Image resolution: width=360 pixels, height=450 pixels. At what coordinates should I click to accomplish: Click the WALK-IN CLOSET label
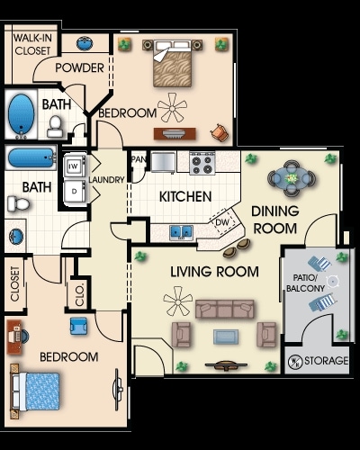pos(32,44)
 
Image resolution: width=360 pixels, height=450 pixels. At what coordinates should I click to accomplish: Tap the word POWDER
pos(79,68)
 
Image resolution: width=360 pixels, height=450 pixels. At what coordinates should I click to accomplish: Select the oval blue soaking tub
pos(22,114)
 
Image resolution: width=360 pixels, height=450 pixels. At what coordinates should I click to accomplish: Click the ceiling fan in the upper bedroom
pos(172,107)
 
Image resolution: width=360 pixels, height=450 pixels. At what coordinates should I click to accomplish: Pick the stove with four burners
pos(202,163)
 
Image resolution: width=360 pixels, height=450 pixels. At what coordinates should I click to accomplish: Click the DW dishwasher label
pos(222,222)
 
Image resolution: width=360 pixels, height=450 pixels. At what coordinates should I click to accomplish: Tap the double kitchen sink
pos(181,232)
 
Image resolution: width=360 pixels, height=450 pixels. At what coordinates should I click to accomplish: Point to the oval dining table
pos(292,178)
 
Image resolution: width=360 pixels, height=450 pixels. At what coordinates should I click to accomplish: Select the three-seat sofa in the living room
pos(225,309)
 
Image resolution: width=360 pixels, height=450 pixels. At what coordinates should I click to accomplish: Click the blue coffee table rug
pos(226,337)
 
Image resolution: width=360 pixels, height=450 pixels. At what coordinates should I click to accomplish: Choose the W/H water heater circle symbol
pos(294,362)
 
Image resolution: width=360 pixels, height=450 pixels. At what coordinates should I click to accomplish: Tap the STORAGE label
pos(327,361)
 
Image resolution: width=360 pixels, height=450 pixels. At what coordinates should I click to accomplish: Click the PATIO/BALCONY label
pos(305,283)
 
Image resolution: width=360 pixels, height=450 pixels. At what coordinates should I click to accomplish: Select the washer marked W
pos(75,166)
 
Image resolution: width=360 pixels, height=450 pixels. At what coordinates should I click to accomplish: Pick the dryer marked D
pos(75,192)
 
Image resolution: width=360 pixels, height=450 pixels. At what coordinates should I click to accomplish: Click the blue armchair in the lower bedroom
pos(78,327)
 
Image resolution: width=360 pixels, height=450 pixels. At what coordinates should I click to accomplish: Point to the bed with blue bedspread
pos(35,391)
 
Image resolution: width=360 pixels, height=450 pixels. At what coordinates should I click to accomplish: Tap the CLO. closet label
pos(79,295)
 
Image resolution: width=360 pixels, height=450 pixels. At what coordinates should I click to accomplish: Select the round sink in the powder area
pos(85,43)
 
